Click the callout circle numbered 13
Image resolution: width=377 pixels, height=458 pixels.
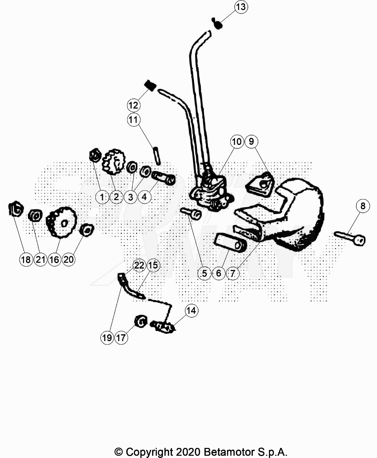pos(241,7)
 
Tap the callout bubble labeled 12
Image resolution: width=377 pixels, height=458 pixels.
pos(134,105)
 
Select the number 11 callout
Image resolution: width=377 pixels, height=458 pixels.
pos(134,120)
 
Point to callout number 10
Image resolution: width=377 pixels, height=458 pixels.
pos(237,142)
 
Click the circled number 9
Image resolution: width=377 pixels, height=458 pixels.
pos(251,142)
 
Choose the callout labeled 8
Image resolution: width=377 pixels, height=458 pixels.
pos(363,206)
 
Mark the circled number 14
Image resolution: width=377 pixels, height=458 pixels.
pos(191,311)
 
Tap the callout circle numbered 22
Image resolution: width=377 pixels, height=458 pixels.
pos(139,265)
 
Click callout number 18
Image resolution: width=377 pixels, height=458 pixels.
pos(26,260)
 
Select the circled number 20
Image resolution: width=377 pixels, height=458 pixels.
pos(68,260)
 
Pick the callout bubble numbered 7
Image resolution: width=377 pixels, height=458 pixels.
pos(233,273)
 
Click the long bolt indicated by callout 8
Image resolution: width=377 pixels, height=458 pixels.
pos(350,238)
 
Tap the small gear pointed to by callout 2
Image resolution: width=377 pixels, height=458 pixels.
pos(114,162)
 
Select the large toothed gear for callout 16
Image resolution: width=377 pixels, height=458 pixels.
pos(61,223)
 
